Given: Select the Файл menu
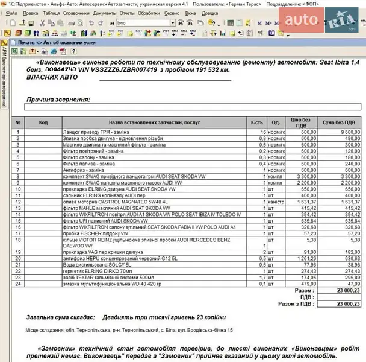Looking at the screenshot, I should (11, 13).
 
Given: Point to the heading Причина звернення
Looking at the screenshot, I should (58, 100).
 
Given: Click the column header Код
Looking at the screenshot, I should (43, 122).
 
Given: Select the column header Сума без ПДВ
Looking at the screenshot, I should (342, 122).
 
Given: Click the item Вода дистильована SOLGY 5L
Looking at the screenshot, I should (90, 264).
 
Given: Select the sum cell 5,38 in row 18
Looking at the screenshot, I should (355, 240).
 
